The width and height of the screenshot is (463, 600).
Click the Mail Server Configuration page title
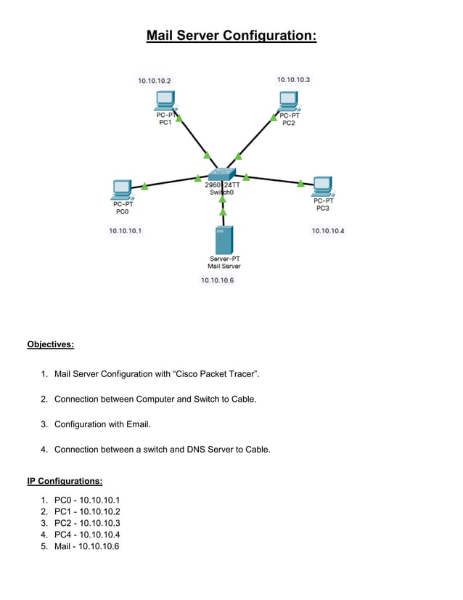point(231,36)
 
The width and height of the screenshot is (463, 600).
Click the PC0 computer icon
point(120,190)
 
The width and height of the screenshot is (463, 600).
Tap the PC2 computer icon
point(287,101)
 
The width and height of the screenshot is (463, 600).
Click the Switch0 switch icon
point(221,174)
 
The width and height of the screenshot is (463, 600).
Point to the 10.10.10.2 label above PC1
point(155,81)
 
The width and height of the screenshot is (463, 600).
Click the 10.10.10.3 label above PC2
point(293,79)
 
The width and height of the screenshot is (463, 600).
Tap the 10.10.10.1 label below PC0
point(126,230)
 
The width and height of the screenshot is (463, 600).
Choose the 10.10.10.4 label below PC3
point(328,231)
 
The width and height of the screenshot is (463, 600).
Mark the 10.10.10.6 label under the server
point(218,280)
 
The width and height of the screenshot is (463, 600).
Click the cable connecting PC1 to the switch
point(193,139)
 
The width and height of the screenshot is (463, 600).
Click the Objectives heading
point(50,344)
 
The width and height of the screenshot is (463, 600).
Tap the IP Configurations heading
point(65,481)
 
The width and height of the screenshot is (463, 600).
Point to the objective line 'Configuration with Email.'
point(102,424)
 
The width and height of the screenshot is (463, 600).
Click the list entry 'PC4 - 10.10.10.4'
point(86,534)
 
